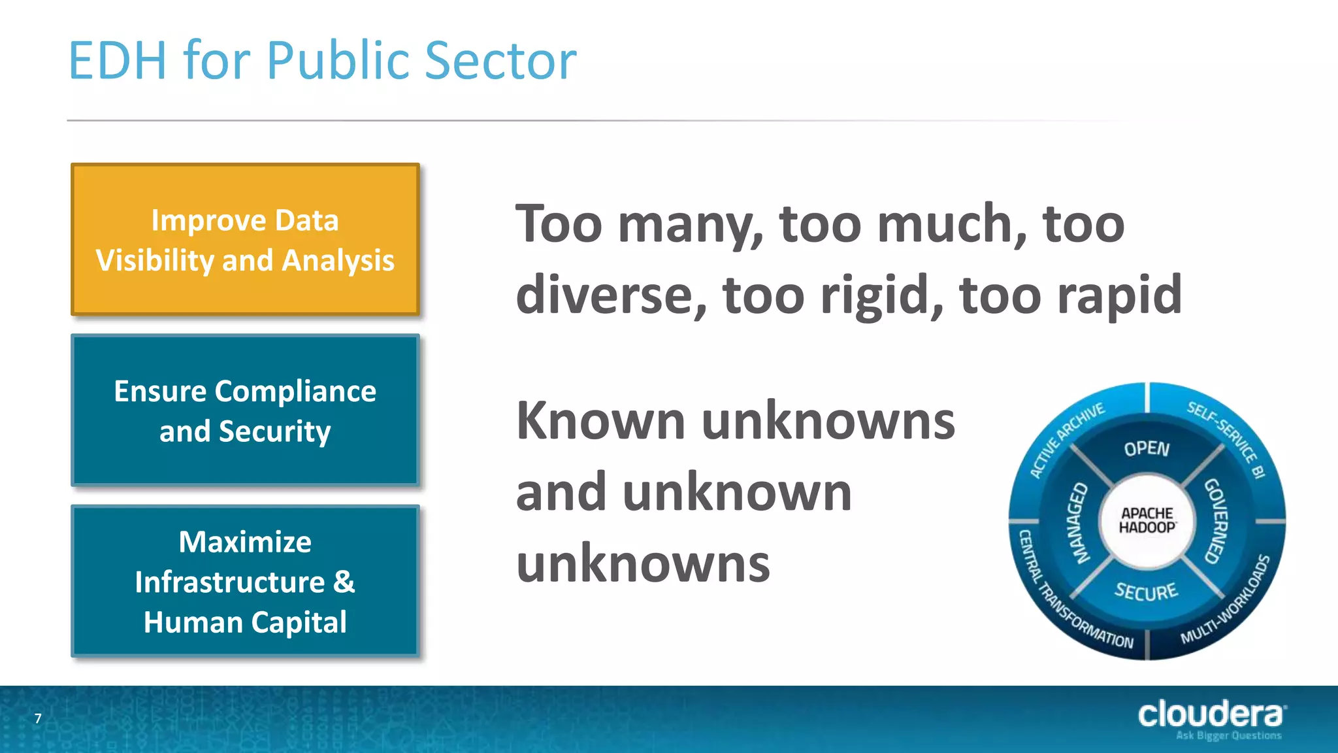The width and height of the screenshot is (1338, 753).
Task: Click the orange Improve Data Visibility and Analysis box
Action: [245, 239]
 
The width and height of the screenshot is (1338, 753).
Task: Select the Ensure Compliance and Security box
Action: [245, 410]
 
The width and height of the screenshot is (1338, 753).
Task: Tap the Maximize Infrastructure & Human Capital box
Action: [245, 581]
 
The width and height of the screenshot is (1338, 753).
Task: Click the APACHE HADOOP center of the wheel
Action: [1147, 521]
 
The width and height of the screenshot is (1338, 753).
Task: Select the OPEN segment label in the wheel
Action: [1147, 448]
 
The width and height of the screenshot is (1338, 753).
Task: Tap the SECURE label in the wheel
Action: [1146, 592]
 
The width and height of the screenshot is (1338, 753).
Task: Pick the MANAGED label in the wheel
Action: [1079, 523]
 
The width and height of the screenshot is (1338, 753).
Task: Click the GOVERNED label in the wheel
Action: [1216, 521]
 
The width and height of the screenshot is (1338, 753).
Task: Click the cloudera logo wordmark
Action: [1211, 714]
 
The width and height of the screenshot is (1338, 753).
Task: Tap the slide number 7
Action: [38, 719]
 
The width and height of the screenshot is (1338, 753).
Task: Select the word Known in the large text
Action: [600, 421]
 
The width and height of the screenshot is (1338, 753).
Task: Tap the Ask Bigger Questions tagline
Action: [1228, 736]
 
